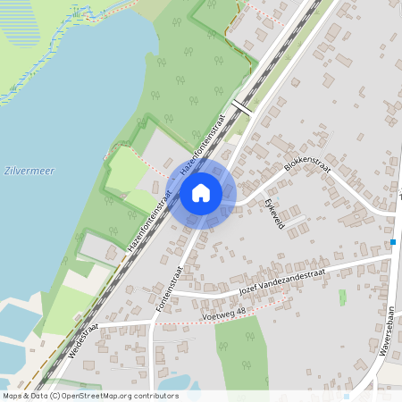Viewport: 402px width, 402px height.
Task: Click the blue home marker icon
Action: [201, 192]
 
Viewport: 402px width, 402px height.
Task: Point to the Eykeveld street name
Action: [272, 215]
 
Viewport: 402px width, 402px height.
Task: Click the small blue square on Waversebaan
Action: [393, 241]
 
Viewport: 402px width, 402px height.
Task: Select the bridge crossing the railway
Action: [241, 107]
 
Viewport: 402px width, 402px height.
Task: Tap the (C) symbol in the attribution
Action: [55, 395]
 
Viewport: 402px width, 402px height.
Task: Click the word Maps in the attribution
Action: [13, 395]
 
